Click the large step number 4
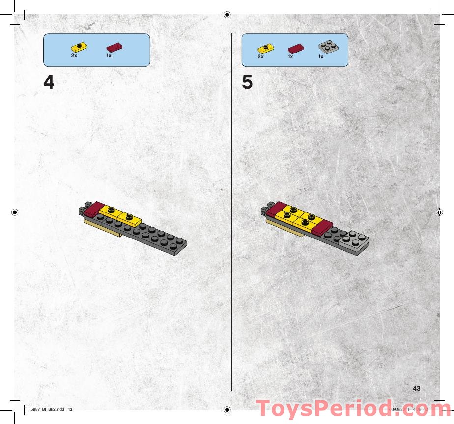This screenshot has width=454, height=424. [x=49, y=82]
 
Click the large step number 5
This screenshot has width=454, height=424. [x=247, y=82]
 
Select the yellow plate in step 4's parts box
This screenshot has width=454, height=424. [x=79, y=48]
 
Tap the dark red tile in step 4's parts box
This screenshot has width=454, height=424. [x=114, y=47]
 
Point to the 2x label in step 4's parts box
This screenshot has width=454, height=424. [x=74, y=56]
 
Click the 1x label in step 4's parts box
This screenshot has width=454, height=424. [x=109, y=56]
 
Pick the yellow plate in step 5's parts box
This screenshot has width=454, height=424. [x=266, y=48]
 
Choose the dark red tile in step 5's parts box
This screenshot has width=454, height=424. [x=296, y=48]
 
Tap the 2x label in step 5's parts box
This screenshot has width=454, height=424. [x=260, y=56]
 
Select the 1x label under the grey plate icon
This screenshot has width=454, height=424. [x=321, y=56]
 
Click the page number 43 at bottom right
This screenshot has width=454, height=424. [x=417, y=388]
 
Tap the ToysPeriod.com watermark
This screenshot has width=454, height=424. [x=354, y=409]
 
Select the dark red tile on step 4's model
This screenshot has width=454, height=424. [x=93, y=210]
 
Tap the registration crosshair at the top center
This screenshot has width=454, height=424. [x=227, y=14]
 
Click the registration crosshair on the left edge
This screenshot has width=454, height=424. [x=14, y=212]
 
